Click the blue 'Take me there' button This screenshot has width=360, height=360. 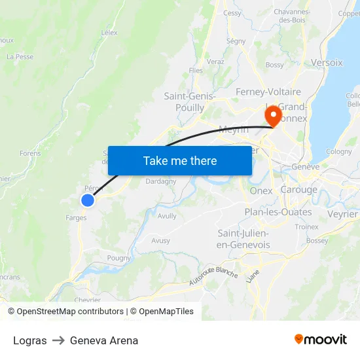[x=180, y=160]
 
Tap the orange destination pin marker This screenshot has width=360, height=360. [x=272, y=115]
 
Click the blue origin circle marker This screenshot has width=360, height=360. [x=87, y=200]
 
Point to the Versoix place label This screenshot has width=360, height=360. [x=327, y=63]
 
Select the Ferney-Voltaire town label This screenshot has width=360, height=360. [x=268, y=92]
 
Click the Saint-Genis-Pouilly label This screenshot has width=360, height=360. [x=190, y=101]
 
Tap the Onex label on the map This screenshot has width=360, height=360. [x=261, y=190]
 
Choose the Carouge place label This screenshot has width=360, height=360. [x=298, y=190]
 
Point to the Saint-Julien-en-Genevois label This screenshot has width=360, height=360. [x=243, y=239]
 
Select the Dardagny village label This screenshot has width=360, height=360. [x=160, y=181]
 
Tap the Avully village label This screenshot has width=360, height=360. [x=167, y=215]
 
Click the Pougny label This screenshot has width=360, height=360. [x=119, y=258]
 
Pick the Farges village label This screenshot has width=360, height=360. [x=77, y=218]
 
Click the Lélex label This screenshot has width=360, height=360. [x=109, y=31]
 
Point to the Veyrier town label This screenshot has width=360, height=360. [x=342, y=214]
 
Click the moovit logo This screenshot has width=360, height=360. [x=321, y=340]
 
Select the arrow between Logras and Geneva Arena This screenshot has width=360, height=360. [x=58, y=340]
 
